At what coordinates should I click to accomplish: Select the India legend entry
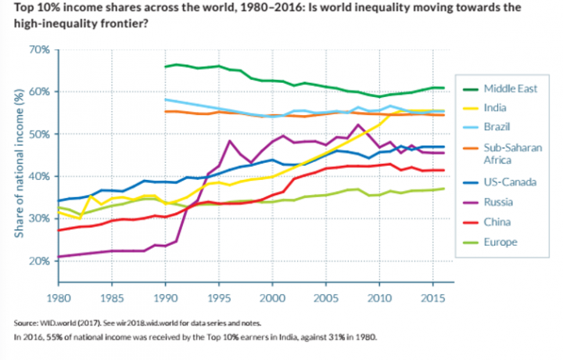(497, 107)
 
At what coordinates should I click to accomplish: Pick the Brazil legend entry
(499, 127)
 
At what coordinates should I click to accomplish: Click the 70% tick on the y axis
(39, 49)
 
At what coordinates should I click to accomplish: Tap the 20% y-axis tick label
(39, 261)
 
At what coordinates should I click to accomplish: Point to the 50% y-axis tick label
(39, 134)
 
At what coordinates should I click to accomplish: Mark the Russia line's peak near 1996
(228, 142)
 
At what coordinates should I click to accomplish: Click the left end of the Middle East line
(165, 67)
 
